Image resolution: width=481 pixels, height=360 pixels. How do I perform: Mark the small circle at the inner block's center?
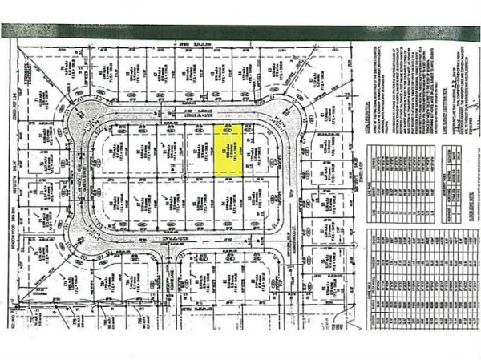coord(185,178)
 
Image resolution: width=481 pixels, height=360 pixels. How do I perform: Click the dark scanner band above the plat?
coord(240,31)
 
